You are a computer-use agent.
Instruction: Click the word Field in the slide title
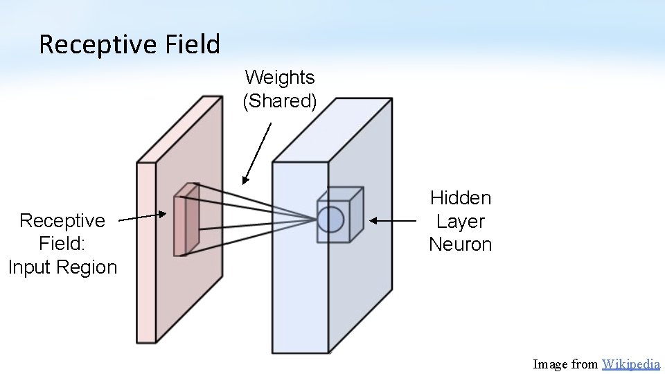click(x=193, y=45)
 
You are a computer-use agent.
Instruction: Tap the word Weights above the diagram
click(x=280, y=77)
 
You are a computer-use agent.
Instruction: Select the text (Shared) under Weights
click(x=280, y=101)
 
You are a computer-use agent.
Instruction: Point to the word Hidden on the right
click(x=461, y=198)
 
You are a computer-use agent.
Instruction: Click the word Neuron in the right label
click(x=461, y=244)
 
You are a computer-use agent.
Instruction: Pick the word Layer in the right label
click(x=461, y=222)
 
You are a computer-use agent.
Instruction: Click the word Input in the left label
click(x=34, y=267)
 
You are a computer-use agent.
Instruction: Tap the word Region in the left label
click(x=91, y=267)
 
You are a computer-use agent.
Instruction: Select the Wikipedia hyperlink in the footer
click(x=631, y=364)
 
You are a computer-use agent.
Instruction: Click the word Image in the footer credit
click(x=550, y=364)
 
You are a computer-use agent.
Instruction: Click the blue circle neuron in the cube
click(x=330, y=219)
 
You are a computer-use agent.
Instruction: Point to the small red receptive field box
click(x=186, y=220)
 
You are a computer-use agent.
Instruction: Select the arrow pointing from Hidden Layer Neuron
click(x=392, y=221)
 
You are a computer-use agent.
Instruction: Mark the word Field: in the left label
click(x=62, y=244)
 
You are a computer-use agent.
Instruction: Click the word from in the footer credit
click(x=585, y=364)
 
